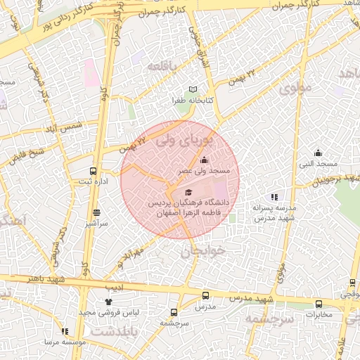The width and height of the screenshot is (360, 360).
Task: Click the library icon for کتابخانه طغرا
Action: (193, 90)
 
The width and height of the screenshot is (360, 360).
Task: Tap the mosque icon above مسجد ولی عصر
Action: (204, 160)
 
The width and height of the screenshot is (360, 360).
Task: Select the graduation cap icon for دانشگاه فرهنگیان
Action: (188, 192)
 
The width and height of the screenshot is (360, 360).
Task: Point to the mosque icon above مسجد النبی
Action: (318, 153)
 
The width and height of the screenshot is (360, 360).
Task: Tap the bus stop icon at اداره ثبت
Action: (93, 172)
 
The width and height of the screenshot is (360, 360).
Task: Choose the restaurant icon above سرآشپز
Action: (96, 212)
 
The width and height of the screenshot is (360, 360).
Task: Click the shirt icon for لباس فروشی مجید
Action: (108, 301)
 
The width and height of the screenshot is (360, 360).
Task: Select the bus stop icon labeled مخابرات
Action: (319, 304)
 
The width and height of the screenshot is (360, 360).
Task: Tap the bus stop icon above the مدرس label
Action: (205, 296)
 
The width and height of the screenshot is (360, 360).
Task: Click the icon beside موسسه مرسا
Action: (65, 331)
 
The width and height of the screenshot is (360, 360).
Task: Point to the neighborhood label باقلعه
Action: (166, 65)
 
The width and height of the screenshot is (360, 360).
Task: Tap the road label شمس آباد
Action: (63, 129)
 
